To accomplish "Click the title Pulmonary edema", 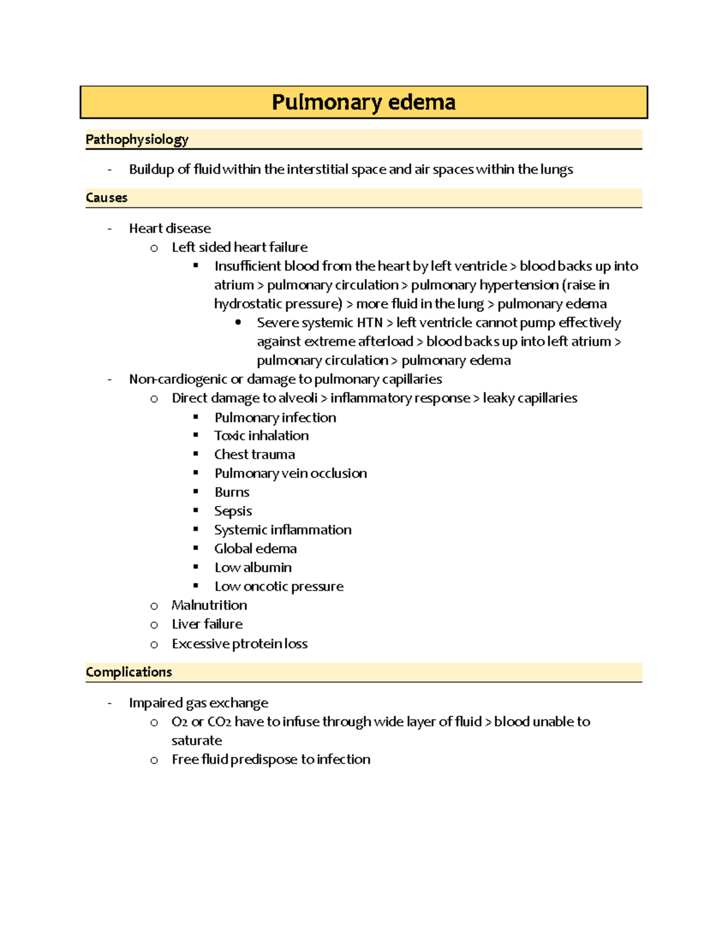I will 363,102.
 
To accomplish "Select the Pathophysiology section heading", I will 137,140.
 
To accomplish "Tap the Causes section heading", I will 107,198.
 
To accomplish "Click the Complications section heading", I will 129,672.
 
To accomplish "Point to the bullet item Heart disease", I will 170,229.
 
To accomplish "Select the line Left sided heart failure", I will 240,247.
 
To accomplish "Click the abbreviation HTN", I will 369,323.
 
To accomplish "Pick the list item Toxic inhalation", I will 261,436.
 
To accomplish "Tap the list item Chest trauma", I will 255,454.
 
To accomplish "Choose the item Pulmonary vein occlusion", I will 291,473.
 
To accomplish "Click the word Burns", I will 232,492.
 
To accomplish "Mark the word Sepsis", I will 233,511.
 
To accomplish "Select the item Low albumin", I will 253,568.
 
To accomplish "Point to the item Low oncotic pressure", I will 279,587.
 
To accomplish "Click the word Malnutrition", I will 209,605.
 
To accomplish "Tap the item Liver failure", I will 207,624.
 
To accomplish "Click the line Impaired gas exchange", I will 198,703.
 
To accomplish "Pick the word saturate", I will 197,741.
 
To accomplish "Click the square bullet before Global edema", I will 196,548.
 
